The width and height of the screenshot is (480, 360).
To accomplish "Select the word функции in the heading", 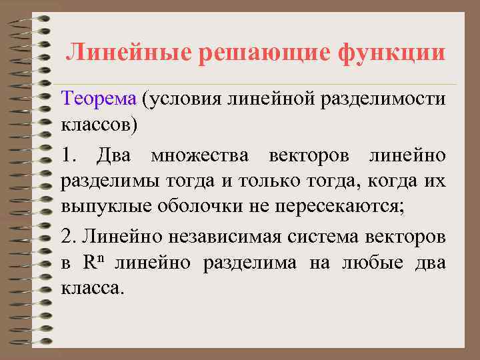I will pos(391,51).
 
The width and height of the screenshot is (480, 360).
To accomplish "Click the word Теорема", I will pos(98,100).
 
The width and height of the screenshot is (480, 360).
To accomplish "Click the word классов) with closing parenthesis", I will pos(99,124).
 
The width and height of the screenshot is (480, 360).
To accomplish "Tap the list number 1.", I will pos(69,156).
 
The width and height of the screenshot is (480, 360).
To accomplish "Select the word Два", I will pos(114,156).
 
